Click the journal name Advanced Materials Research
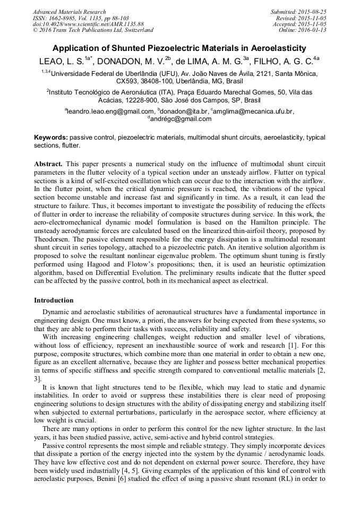point(69,12)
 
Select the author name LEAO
point(53,61)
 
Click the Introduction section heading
point(54,300)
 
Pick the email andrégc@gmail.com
point(181,119)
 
